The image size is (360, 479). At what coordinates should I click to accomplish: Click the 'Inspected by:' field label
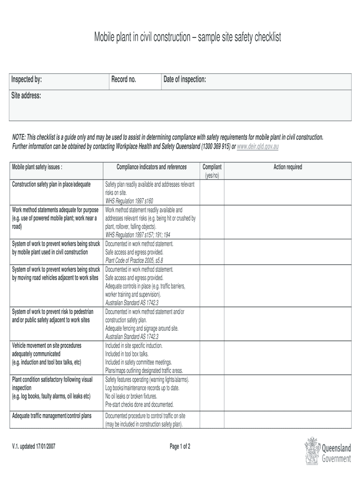coord(26,80)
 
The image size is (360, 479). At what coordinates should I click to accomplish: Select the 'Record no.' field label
coord(123,80)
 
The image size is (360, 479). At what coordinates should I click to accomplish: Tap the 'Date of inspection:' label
coord(184,80)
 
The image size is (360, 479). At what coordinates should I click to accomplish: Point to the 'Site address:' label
coord(26,96)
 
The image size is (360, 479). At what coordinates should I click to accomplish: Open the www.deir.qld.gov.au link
coord(258,146)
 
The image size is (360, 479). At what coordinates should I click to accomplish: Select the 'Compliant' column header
coord(212,167)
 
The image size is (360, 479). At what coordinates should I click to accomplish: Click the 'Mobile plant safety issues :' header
coord(37,167)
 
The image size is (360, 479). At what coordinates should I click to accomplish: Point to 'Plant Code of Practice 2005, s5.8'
coord(134,261)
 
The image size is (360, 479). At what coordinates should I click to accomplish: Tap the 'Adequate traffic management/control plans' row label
coord(51,416)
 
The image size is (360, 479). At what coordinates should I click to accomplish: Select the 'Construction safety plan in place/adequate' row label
coord(51,184)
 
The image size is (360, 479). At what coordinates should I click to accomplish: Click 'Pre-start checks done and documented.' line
coord(139,404)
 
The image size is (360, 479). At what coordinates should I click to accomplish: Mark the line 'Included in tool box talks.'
coord(127,354)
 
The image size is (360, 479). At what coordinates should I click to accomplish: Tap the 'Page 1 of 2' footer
coord(180,446)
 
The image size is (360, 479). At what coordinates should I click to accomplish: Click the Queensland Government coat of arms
coord(312,451)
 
